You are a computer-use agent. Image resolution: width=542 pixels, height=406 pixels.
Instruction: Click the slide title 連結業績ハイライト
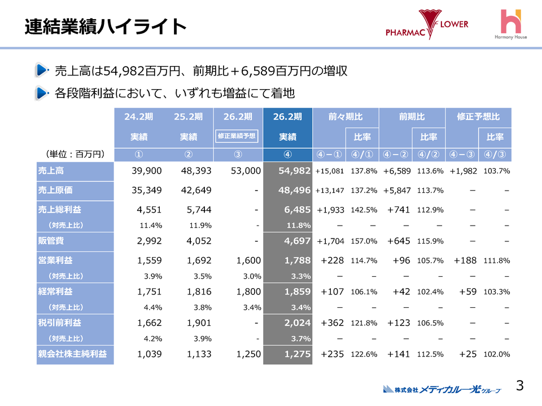click(x=106, y=27)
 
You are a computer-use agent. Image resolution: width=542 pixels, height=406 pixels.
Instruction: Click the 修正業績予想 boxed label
click(x=237, y=136)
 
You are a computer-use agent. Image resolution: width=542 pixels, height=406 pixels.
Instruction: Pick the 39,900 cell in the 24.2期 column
click(x=146, y=171)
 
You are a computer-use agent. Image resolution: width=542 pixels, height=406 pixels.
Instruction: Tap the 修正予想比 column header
click(x=478, y=117)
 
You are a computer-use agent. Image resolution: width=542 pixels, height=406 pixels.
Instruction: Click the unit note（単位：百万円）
click(x=74, y=153)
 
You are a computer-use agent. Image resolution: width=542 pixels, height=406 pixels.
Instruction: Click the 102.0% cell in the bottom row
click(x=497, y=354)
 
